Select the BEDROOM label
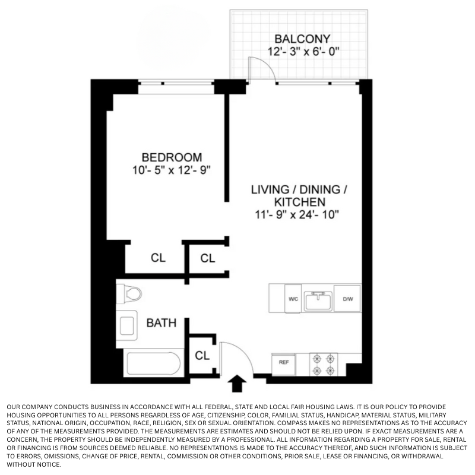click(172, 157)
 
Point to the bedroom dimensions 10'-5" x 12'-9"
click(172, 170)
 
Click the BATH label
click(161, 323)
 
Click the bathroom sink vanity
click(127, 325)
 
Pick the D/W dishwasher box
click(347, 299)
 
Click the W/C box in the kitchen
click(293, 299)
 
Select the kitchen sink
click(318, 300)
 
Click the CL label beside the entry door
click(202, 356)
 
